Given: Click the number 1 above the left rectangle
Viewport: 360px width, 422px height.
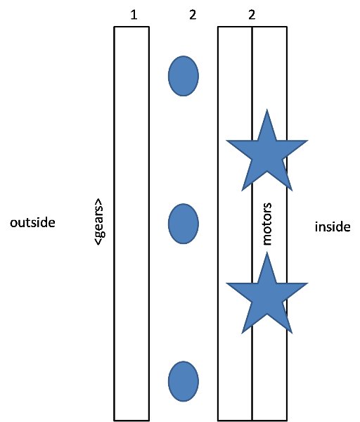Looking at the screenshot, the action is pyautogui.click(x=134, y=15).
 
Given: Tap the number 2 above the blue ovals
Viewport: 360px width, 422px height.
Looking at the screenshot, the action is pyautogui.click(x=193, y=15).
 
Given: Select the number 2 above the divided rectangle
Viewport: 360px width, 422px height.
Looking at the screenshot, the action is pyautogui.click(x=252, y=15).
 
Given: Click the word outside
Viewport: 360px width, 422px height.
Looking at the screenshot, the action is pyautogui.click(x=32, y=222).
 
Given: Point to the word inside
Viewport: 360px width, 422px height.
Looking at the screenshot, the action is pyautogui.click(x=333, y=226).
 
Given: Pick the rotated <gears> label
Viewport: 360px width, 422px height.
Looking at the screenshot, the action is pyautogui.click(x=98, y=222).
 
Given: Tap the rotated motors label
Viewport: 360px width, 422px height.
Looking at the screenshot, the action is pyautogui.click(x=266, y=224).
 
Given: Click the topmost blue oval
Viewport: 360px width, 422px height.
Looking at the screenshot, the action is pyautogui.click(x=184, y=76).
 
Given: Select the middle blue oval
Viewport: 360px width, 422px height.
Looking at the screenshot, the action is pyautogui.click(x=184, y=224).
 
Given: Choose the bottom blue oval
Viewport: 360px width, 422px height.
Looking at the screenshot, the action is pyautogui.click(x=184, y=381).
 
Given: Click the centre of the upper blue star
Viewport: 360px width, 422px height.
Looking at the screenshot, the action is pyautogui.click(x=267, y=156).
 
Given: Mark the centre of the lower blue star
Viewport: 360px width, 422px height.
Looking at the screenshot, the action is pyautogui.click(x=267, y=299).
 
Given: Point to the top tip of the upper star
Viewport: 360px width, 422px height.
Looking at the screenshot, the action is pyautogui.click(x=267, y=109).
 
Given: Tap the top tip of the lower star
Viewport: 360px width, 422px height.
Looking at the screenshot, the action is pyautogui.click(x=267, y=252).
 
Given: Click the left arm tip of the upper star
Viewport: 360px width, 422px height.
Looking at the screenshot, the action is pyautogui.click(x=226, y=141).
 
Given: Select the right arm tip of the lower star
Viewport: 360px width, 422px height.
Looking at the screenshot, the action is pyautogui.click(x=308, y=283).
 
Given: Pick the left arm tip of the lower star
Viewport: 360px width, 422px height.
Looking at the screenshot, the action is pyautogui.click(x=226, y=283).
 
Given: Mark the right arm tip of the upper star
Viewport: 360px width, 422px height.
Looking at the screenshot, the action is pyautogui.click(x=308, y=141).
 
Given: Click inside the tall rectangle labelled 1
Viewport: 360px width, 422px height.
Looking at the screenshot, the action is pyautogui.click(x=131, y=224).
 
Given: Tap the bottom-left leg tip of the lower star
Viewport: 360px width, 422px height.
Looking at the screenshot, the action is pyautogui.click(x=242, y=333).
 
